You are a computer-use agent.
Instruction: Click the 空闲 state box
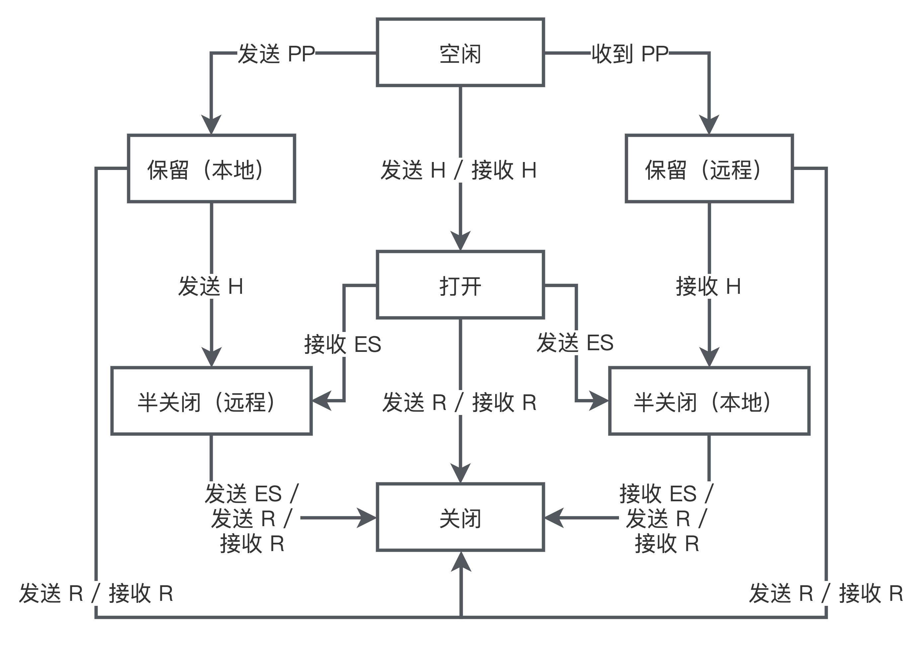[460, 53]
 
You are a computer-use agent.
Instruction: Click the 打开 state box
[460, 285]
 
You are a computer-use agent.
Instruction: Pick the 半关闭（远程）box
[211, 401]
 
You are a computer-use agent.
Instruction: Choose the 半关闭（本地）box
[709, 401]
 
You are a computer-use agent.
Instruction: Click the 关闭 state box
[460, 518]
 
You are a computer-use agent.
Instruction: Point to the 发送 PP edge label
[276, 53]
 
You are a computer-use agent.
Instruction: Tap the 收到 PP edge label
[629, 53]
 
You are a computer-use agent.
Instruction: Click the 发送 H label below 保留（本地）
[211, 286]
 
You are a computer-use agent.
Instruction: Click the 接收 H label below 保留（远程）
[708, 286]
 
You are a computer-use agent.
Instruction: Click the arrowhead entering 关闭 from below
[461, 562]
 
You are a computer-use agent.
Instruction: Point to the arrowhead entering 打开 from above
[460, 241]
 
